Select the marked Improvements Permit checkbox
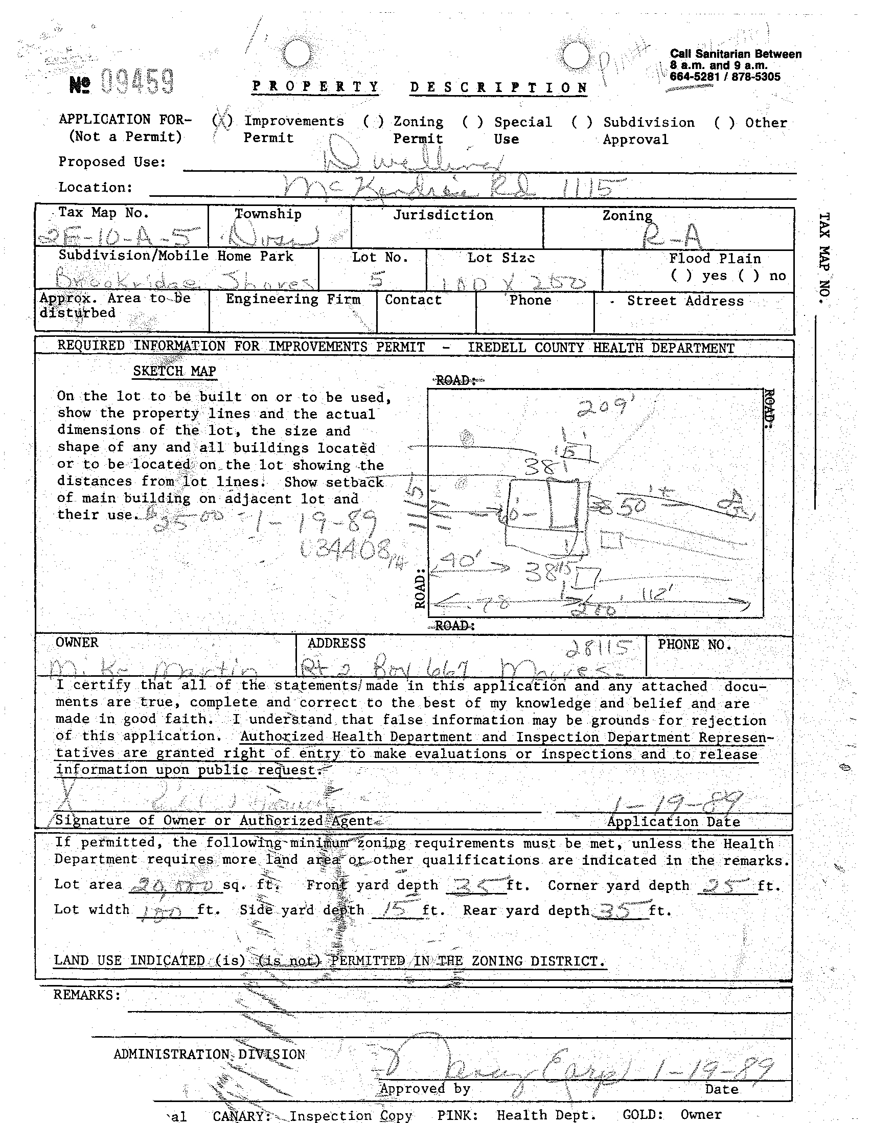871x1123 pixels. [222, 122]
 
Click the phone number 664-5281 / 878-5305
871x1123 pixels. [724, 77]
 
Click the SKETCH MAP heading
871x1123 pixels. [174, 371]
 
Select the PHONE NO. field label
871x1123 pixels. [695, 645]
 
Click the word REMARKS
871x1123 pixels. [87, 995]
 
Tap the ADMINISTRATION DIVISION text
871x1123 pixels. [209, 1055]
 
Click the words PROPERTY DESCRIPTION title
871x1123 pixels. [420, 87]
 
